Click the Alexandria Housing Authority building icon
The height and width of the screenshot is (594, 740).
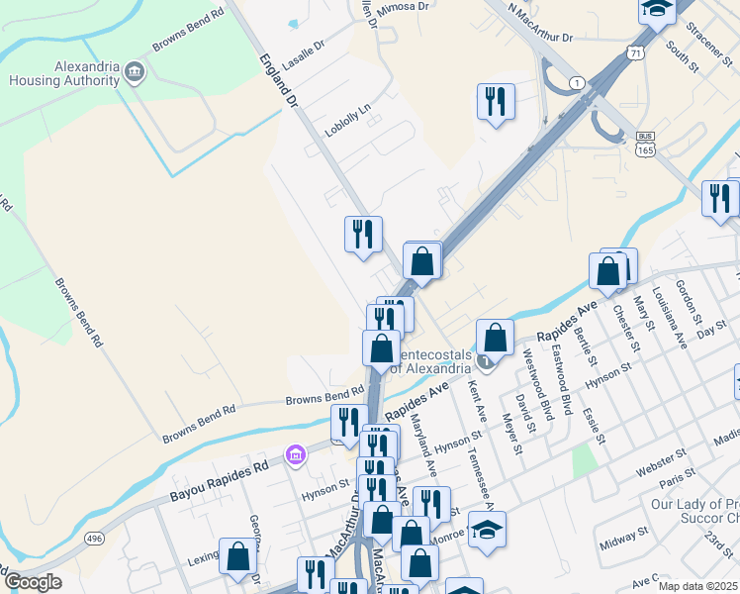[x=136, y=72]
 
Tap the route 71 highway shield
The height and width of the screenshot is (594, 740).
[x=636, y=50]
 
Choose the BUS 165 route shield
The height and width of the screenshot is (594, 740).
[x=646, y=145]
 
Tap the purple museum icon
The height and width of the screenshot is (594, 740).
[x=294, y=454]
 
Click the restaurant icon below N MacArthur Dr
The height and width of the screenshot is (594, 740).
[x=495, y=101]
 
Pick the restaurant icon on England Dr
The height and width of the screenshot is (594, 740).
[x=363, y=234]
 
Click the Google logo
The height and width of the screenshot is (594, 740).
[x=33, y=581]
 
